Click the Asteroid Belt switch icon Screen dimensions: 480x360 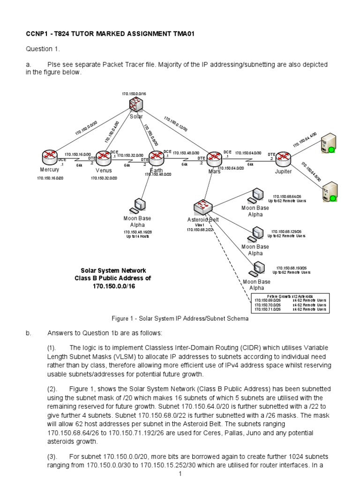pos(203,207)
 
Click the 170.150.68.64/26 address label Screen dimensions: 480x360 pos(287,196)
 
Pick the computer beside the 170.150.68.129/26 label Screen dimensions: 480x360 pos(257,232)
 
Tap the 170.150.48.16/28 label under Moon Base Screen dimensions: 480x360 pos(138,232)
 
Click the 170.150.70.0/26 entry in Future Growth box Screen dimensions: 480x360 pos(268,305)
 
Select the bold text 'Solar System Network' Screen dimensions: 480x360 pos(113,270)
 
